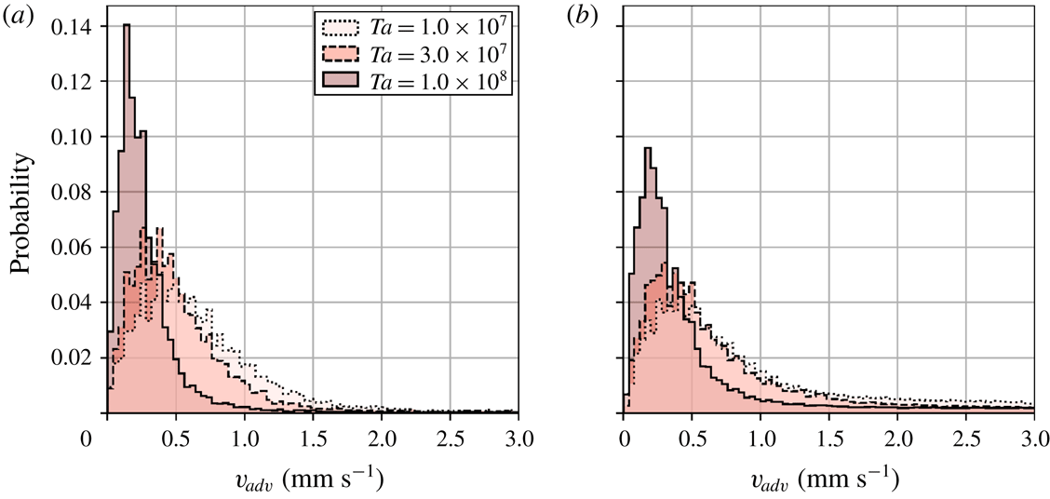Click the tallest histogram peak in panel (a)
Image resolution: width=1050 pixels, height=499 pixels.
click(x=127, y=27)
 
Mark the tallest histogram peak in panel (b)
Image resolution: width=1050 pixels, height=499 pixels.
click(x=647, y=149)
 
